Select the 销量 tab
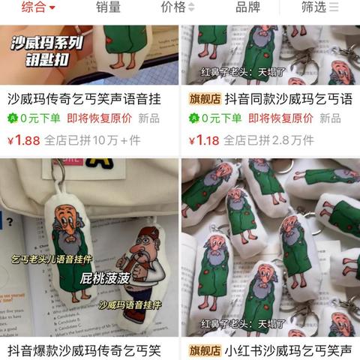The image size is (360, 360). coord(108,7)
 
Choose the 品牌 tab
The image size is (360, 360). coord(247,7)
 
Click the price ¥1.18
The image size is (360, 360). coord(204,139)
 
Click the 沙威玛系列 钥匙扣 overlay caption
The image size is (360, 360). coord(46,49)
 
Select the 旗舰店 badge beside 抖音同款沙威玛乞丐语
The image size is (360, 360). coord(203,98)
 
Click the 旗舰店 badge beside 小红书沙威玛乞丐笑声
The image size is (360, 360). coord(203,350)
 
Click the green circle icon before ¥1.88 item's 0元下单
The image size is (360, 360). coord(12,118)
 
